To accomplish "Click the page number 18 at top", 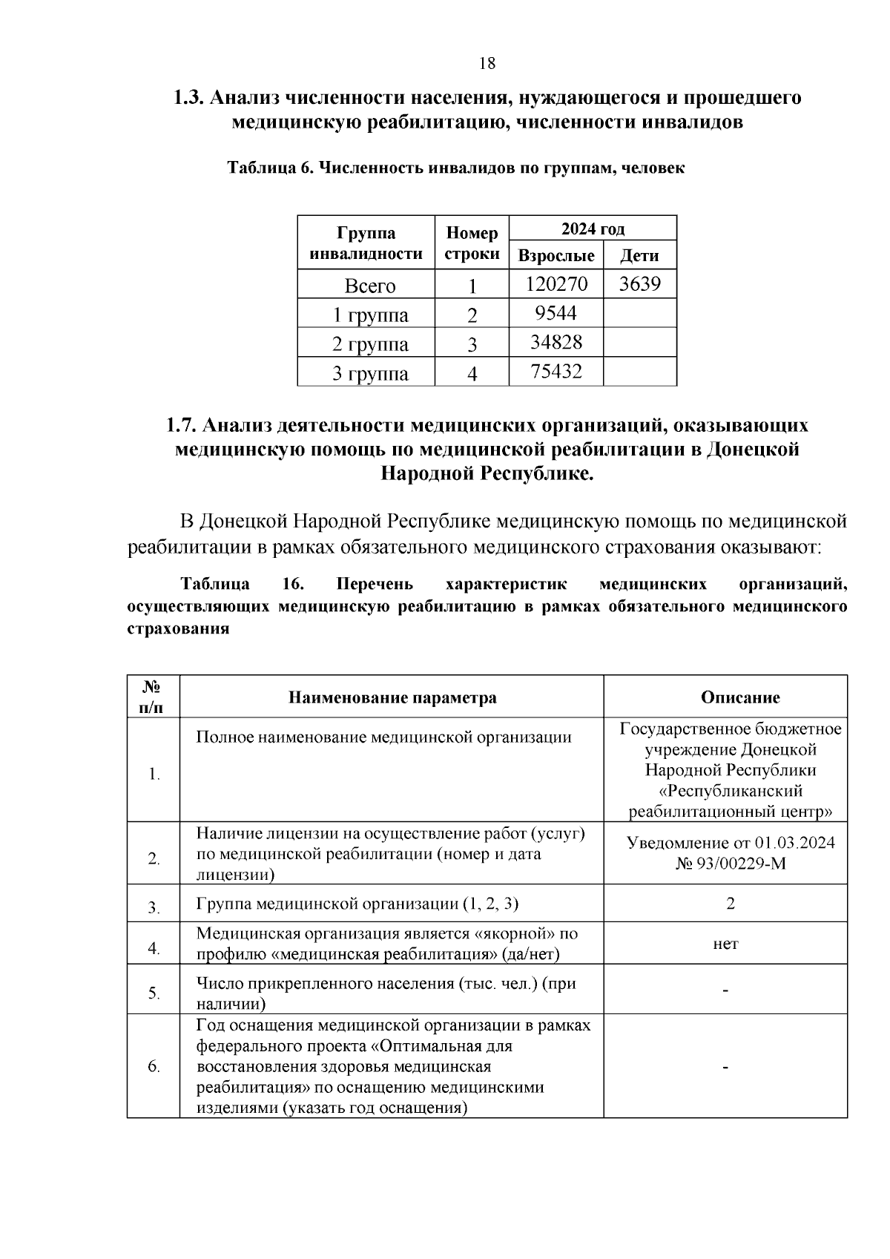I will coord(487,63).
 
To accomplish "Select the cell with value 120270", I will coord(556,284).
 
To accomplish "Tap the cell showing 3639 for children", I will coord(639,284).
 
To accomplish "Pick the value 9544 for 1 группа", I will coord(556,313).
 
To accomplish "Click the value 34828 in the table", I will coord(556,342).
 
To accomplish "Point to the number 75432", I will coord(556,371).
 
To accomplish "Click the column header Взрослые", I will coord(556,256).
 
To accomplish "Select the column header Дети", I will coord(639,256).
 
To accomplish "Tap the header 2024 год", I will coord(593,229).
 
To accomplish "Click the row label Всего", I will coord(370,286).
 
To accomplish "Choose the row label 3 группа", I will coord(370,373).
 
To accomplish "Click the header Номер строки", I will coord(472,243).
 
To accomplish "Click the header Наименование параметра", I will coord(392,697).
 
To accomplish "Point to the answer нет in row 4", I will coord(725,944).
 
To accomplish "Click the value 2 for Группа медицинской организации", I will coord(731,904).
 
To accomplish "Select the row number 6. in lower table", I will coord(154,1067).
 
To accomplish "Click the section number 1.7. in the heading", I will coord(181,426).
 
